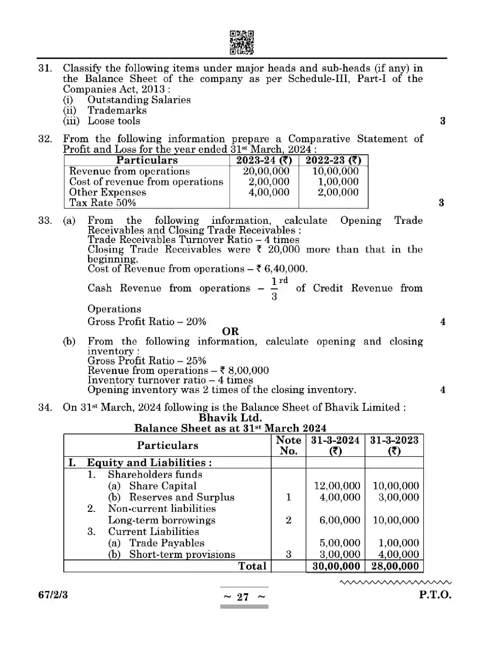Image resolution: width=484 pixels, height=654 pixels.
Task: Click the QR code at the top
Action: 242,42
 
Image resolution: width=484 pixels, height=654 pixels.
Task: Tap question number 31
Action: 45,68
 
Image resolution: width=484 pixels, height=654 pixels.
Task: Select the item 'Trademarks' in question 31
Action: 117,110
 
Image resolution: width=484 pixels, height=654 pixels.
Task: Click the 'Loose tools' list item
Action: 114,121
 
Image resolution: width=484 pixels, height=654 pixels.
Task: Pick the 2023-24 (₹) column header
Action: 264,160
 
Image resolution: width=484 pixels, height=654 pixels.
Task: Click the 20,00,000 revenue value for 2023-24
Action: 266,171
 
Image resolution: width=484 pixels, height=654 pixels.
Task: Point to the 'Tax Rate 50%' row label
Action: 102,203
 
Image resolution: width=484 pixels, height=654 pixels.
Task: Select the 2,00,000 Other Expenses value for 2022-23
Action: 338,192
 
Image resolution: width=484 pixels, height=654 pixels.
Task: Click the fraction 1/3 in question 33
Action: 274,288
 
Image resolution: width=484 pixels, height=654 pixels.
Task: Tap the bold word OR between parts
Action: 230,331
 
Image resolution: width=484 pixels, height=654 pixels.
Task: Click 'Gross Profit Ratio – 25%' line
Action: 147,361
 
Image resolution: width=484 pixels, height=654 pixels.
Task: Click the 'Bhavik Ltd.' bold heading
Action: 230,418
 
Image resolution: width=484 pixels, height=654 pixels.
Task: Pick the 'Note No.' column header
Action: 288,445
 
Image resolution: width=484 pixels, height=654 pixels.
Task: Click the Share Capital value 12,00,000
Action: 337,486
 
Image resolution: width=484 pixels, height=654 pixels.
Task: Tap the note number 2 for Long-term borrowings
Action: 288,520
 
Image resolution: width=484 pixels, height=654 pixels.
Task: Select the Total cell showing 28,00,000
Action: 395,566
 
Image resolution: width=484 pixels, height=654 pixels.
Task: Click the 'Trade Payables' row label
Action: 167,543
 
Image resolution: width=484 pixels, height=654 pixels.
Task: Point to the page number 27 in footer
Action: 243,597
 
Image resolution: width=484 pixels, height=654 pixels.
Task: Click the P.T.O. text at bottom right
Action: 435,595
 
